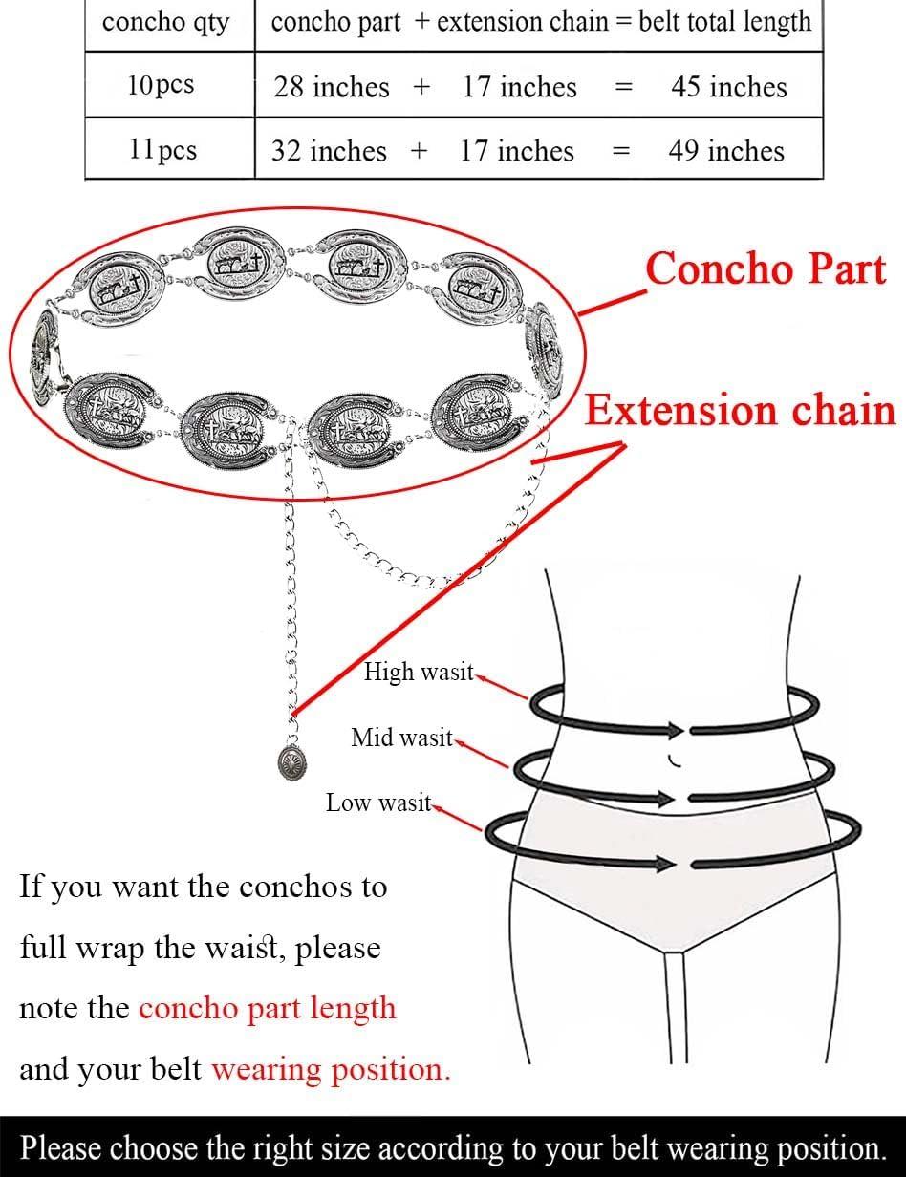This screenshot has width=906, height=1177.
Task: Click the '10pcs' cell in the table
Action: (x=161, y=85)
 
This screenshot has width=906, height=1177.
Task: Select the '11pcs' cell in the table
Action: (x=162, y=149)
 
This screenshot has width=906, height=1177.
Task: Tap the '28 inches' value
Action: (x=331, y=87)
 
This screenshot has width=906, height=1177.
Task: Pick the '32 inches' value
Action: (x=329, y=151)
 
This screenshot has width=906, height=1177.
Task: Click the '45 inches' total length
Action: (x=729, y=87)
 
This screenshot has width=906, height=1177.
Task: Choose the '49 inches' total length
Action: (x=726, y=151)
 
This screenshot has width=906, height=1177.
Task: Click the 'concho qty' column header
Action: (x=165, y=23)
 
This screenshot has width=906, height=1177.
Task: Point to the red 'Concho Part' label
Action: (x=766, y=268)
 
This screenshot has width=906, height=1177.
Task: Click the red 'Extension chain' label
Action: (x=741, y=410)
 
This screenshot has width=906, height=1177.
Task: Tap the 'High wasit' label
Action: (x=419, y=672)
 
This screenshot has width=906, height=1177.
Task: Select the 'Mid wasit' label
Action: (x=401, y=738)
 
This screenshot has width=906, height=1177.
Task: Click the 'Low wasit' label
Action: (x=378, y=802)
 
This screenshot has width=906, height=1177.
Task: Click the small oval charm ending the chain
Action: (x=292, y=763)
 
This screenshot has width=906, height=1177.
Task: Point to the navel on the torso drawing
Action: (x=674, y=761)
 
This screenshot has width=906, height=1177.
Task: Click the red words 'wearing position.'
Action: (x=331, y=1070)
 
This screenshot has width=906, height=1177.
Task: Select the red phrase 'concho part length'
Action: (x=268, y=1009)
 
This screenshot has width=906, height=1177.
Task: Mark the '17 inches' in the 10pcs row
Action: (x=519, y=87)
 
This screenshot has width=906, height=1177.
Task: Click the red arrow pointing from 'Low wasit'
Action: (x=457, y=819)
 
